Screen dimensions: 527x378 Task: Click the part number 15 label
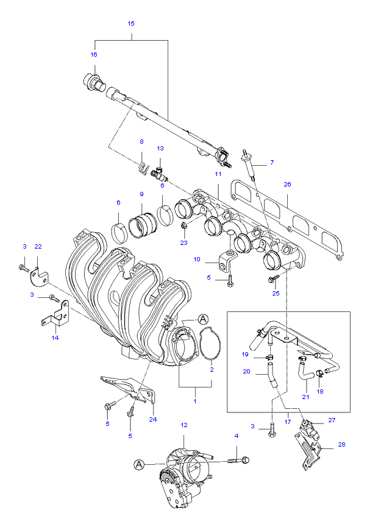point(131,23)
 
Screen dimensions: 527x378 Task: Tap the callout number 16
point(94,54)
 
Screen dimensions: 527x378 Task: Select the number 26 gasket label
point(288,183)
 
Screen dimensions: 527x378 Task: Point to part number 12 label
point(184,424)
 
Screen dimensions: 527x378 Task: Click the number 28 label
point(341,444)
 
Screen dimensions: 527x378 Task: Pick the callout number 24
point(152,419)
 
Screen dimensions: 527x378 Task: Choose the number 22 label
point(38,246)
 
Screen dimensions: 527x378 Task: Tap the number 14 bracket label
point(55,337)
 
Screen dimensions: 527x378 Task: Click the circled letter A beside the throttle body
point(140,464)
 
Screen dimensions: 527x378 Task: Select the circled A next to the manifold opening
point(203,318)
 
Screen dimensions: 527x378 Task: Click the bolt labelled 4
point(238,459)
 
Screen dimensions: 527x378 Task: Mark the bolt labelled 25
point(273,279)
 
